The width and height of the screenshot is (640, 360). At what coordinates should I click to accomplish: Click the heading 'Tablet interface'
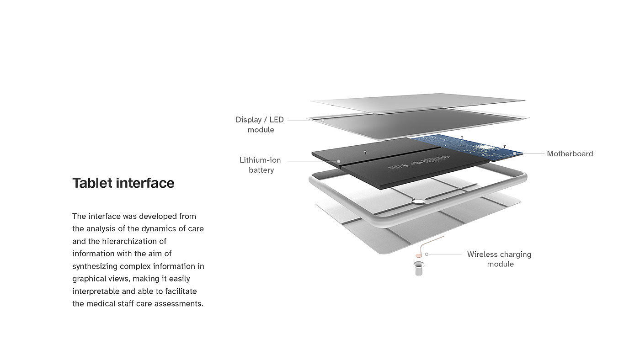pos(123,183)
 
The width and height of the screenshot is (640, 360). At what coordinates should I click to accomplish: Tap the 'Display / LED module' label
pos(260,125)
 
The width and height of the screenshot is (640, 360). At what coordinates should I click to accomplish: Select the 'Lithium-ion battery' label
pos(260,165)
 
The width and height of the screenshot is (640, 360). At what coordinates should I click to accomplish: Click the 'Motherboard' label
pos(570,154)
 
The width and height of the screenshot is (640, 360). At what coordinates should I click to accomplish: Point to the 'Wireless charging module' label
pos(499,259)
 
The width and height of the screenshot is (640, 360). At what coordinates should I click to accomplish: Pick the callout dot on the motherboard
pos(515,154)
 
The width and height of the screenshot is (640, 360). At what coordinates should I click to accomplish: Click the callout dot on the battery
pos(339,161)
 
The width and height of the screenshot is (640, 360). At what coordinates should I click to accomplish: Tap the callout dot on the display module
pos(322,120)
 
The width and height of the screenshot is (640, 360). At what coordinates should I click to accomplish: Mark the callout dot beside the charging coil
pos(427,254)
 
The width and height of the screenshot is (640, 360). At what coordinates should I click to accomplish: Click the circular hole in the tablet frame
pos(418,200)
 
